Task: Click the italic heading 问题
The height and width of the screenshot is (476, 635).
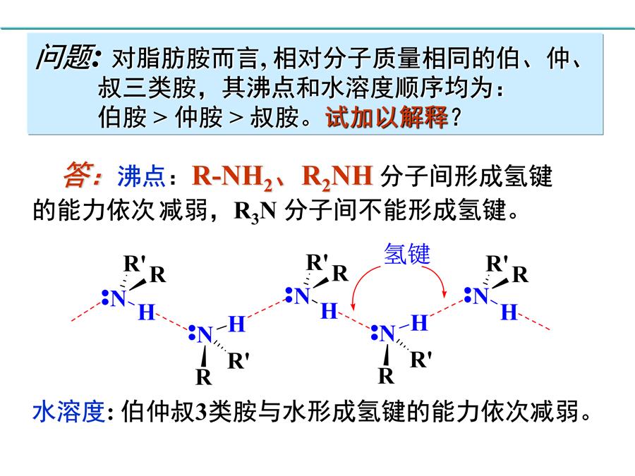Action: [66, 58]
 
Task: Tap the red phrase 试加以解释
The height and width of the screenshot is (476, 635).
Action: [387, 117]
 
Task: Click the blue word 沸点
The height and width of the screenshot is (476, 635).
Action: [141, 176]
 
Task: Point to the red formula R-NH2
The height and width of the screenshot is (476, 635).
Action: [232, 177]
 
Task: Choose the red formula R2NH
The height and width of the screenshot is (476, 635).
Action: [337, 177]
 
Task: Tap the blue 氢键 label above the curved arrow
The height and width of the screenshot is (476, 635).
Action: [407, 254]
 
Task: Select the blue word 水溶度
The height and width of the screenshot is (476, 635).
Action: [69, 412]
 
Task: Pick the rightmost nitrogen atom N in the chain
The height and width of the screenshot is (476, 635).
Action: [480, 296]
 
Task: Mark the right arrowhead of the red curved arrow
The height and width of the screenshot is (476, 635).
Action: [445, 293]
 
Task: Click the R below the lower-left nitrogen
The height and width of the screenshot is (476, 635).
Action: [204, 377]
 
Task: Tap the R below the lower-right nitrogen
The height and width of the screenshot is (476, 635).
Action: [386, 376]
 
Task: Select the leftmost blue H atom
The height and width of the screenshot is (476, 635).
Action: [147, 312]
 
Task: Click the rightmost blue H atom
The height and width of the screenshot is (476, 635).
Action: [509, 312]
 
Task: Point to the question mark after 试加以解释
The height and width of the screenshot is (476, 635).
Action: [456, 118]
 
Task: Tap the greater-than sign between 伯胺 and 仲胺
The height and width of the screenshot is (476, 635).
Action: [160, 118]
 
